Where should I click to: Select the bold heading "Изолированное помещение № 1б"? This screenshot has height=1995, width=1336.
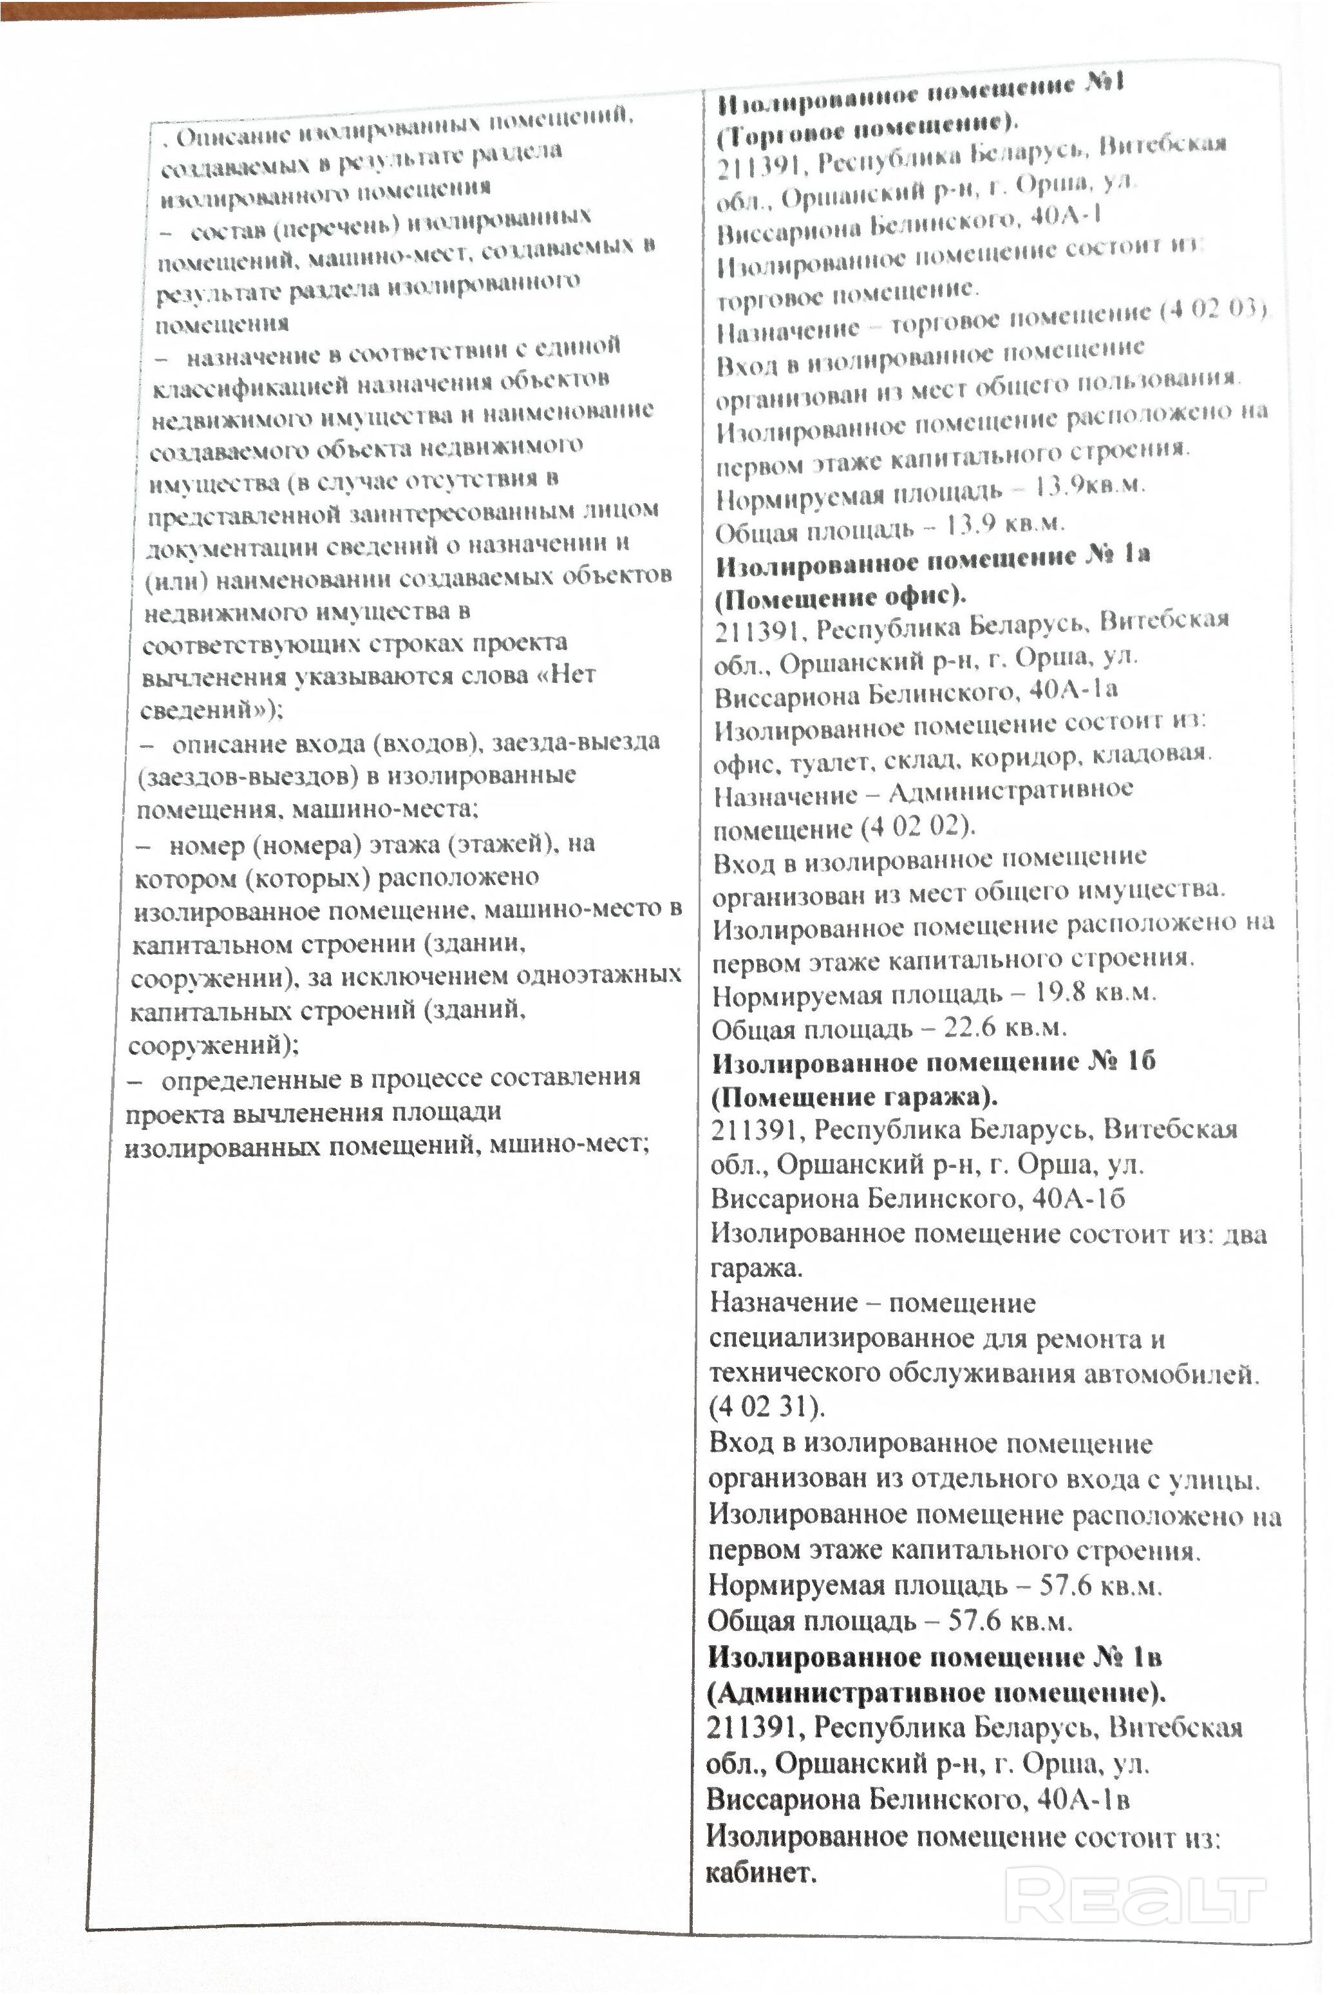933,1063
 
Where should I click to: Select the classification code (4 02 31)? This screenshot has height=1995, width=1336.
766,1406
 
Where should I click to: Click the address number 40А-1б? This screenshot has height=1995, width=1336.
1078,1198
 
